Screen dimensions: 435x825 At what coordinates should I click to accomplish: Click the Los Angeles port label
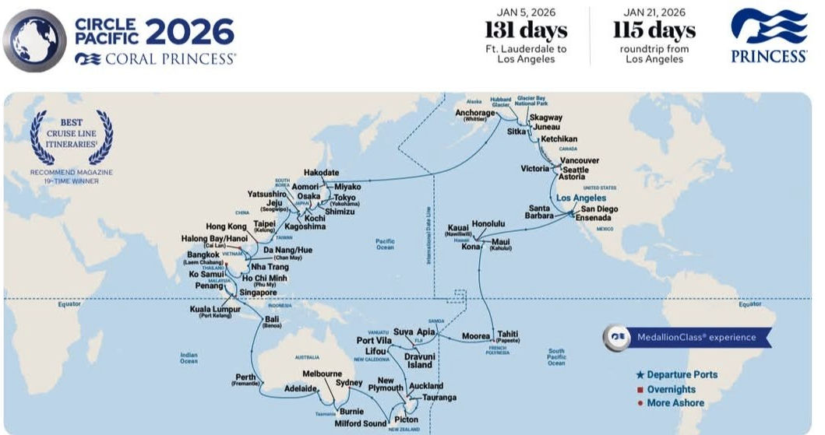(x=580, y=198)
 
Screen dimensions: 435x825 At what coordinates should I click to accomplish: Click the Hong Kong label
(x=226, y=226)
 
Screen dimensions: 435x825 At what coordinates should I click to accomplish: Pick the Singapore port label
(x=258, y=293)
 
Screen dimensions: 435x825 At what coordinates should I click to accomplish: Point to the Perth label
(x=245, y=378)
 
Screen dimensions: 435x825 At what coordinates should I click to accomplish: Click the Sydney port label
(x=349, y=383)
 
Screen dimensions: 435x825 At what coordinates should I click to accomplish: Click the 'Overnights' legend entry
(x=671, y=389)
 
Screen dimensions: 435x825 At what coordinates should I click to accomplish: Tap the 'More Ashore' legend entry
(x=675, y=403)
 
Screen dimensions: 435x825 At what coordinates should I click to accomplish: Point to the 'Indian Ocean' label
(x=189, y=358)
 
